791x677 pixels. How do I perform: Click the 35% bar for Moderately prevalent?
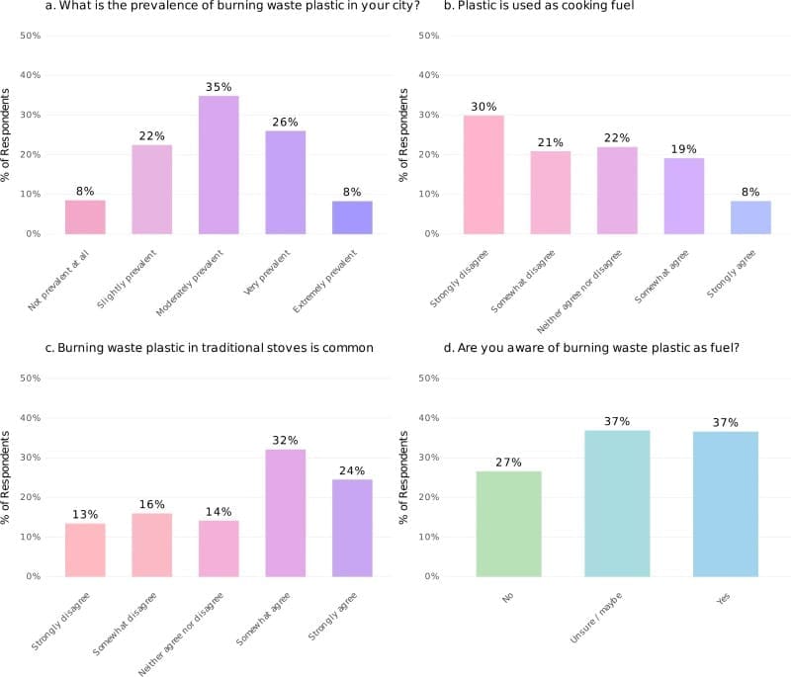tap(219, 165)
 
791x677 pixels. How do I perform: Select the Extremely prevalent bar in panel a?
tap(352, 217)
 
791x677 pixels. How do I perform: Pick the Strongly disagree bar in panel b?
tap(483, 175)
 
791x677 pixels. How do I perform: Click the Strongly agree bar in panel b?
tap(750, 217)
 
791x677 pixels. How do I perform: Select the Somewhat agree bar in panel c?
tap(286, 513)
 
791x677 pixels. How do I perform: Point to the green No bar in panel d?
tap(508, 524)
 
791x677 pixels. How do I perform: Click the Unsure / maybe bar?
tap(617, 503)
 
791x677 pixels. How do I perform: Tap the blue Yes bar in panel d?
tap(726, 504)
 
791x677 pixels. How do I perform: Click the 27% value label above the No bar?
tap(508, 463)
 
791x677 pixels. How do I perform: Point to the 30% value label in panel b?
tap(483, 107)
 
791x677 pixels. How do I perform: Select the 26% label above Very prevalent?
tap(286, 122)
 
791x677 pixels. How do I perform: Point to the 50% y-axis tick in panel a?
tap(30, 36)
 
